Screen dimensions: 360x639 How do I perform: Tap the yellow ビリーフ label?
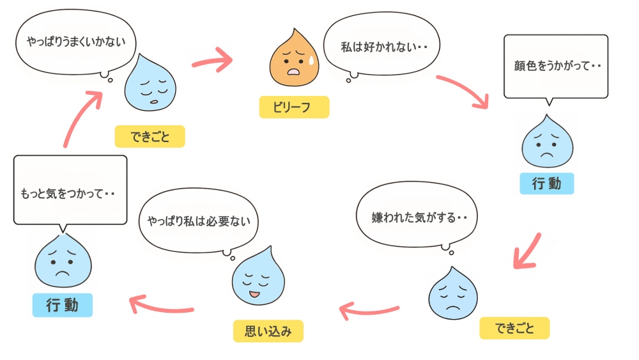[294, 107]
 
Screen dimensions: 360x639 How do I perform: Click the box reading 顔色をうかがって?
[556, 65]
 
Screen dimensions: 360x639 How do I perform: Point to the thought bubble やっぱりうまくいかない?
[76, 42]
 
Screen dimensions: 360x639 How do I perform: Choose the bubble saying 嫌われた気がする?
[419, 217]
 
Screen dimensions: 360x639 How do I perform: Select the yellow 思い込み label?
[268, 331]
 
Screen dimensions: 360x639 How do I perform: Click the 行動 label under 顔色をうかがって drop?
[546, 184]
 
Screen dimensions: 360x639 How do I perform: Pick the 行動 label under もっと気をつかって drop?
[62, 305]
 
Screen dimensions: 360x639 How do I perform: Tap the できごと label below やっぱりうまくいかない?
[150, 136]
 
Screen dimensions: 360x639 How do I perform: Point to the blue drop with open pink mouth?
[256, 277]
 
